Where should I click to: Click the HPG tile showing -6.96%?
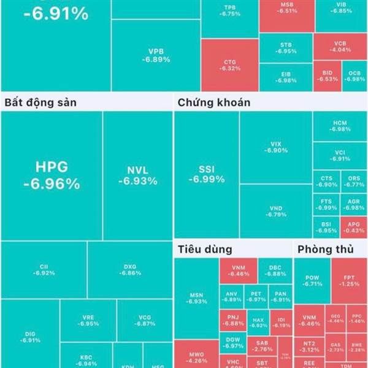pos(52,175)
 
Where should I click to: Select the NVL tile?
pos(137,175)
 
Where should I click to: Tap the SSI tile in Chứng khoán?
pos(206,174)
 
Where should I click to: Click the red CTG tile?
pos(229,65)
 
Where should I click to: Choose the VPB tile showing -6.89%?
pos(156,55)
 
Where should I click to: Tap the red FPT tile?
pos(349,280)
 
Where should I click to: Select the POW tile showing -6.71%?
pos(312,280)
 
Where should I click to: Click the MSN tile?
pos(196,298)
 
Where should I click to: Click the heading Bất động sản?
pos(40,102)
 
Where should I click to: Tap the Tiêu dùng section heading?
pos(205,250)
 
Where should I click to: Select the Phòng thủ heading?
pos(323,250)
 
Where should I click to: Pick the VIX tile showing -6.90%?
pos(275,147)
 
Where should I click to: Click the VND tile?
pos(275,211)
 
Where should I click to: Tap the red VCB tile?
pos(340,46)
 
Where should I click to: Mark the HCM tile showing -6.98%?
pos(340,126)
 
